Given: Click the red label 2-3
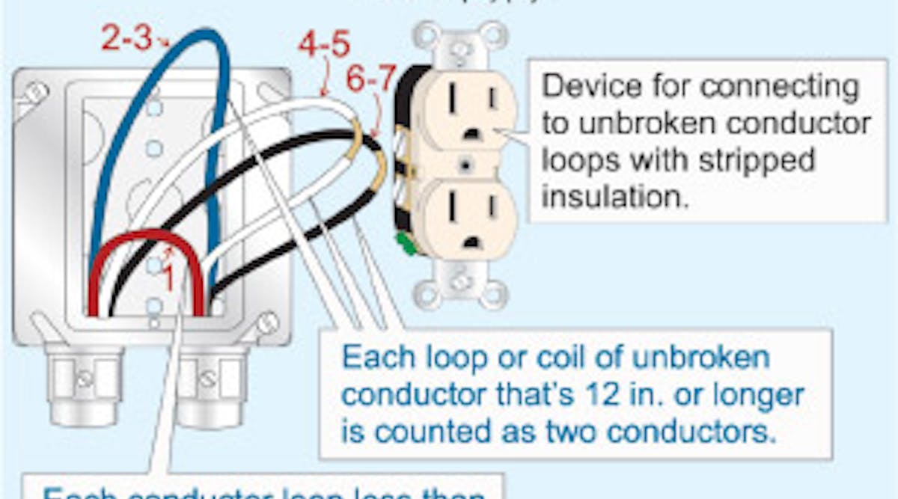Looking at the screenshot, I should coord(126,38).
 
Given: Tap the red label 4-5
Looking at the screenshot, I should coord(323,46).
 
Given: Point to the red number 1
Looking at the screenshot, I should coord(170,280).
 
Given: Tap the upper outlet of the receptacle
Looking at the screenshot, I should coord(467,109).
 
